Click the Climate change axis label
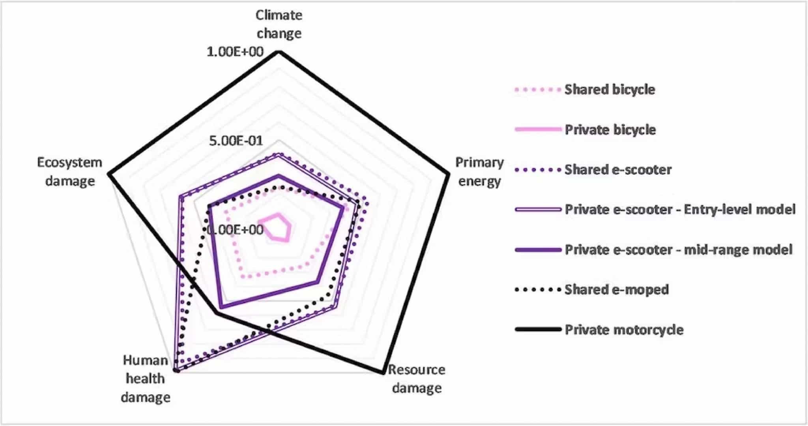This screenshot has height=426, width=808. click(x=279, y=24)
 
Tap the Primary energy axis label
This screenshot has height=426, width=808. click(x=479, y=172)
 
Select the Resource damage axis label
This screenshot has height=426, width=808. click(x=417, y=379)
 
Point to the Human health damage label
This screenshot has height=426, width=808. click(x=146, y=379)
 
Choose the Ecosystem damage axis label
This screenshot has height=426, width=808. click(x=70, y=172)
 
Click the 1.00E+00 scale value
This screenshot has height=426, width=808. click(x=235, y=52)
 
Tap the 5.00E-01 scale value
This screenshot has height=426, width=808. click(x=236, y=141)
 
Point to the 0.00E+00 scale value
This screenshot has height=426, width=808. click(x=235, y=230)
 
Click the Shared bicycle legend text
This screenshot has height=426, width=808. click(x=610, y=90)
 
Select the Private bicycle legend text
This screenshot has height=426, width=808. click(x=610, y=129)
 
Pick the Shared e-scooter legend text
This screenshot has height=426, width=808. click(x=618, y=170)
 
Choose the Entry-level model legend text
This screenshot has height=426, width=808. click(x=740, y=209)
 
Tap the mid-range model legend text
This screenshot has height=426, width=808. click(x=738, y=250)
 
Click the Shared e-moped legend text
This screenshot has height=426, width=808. click(x=617, y=289)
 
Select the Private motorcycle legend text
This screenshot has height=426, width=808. click(x=624, y=330)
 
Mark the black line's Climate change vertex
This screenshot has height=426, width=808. click(x=279, y=52)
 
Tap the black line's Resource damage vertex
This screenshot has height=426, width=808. click(x=382, y=372)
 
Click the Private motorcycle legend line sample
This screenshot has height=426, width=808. click(x=538, y=329)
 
